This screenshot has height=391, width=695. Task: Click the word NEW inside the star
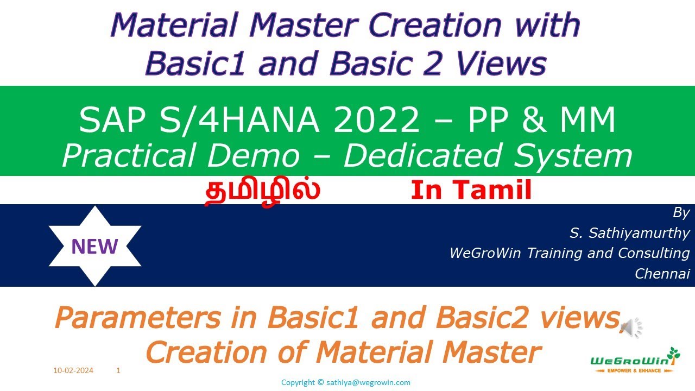pos(94,247)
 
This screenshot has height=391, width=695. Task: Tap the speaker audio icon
pos(631,327)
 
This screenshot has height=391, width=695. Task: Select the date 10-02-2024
pos(73,371)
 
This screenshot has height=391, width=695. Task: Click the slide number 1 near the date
pos(118,371)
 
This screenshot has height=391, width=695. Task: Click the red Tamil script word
pos(262,191)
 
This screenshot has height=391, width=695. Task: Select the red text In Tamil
pos(471,191)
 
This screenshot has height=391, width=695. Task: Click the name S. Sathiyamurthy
pos(629,234)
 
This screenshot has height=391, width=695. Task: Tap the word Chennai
pos(662,274)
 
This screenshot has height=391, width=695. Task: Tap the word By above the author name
pos(680,213)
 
